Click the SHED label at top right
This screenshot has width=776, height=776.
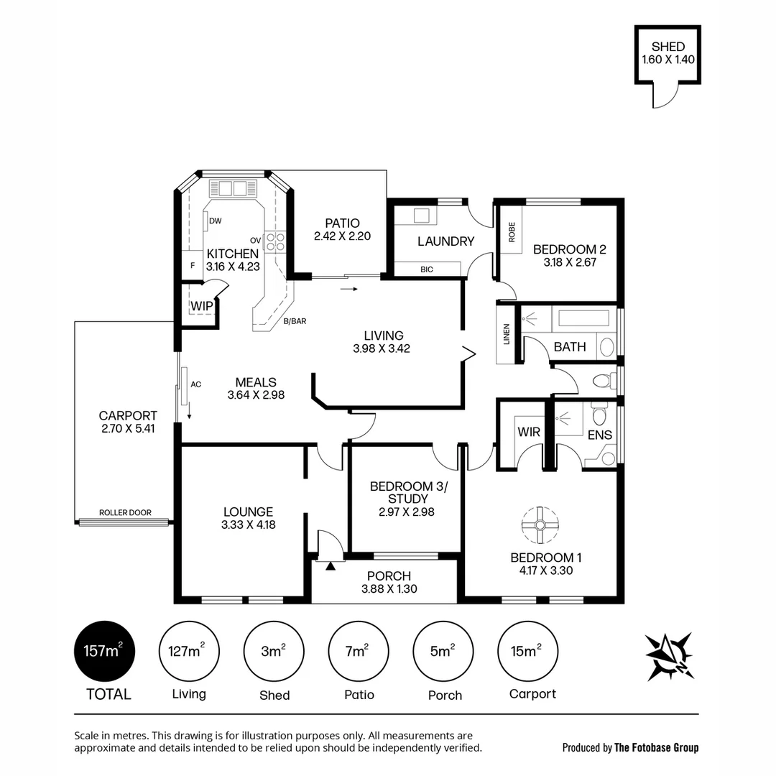click(x=668, y=47)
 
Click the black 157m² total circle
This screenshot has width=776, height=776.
click(x=104, y=651)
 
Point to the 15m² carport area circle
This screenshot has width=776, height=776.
click(x=528, y=651)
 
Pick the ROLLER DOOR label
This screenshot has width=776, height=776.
click(x=125, y=512)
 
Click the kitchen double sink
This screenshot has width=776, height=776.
click(x=232, y=189)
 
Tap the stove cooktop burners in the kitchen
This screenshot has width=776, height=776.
click(x=274, y=242)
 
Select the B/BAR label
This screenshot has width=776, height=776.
click(x=295, y=322)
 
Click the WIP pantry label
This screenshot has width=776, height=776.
click(x=201, y=306)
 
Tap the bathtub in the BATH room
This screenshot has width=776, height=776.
click(x=583, y=318)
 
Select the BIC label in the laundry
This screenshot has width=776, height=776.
click(x=427, y=269)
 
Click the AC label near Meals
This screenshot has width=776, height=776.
click(x=195, y=384)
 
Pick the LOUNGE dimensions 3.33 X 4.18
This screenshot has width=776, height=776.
click(x=249, y=525)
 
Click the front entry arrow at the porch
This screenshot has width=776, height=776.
click(x=331, y=566)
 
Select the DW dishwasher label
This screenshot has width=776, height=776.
click(x=215, y=221)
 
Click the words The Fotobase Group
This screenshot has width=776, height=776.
click(x=656, y=747)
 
